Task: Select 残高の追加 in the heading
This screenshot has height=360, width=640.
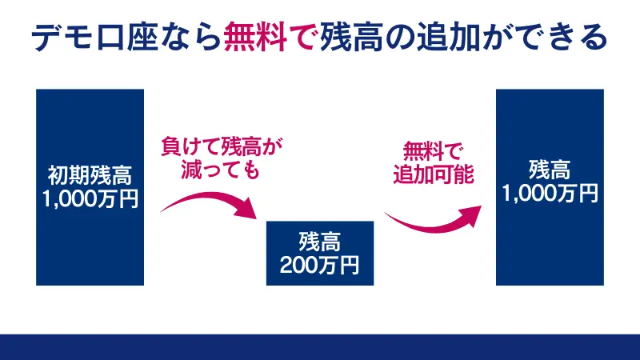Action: pyautogui.click(x=412, y=38)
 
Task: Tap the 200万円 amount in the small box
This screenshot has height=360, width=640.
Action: pyautogui.click(x=320, y=263)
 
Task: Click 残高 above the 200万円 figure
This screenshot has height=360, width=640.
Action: pyautogui.click(x=320, y=240)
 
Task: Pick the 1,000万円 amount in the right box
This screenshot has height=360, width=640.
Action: pyautogui.click(x=550, y=194)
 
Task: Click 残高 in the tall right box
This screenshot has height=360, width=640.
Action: pyautogui.click(x=550, y=170)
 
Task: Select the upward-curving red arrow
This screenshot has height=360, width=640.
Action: pyautogui.click(x=432, y=219)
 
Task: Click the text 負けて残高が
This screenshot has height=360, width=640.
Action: pyautogui.click(x=222, y=147)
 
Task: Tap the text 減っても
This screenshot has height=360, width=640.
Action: pyautogui.click(x=222, y=170)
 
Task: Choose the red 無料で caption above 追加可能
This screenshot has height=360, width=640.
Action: pyautogui.click(x=433, y=150)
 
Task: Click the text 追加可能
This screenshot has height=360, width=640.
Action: pyautogui.click(x=433, y=174)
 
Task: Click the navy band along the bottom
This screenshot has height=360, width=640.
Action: pyautogui.click(x=320, y=347)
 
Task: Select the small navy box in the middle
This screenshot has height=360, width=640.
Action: pyautogui.click(x=320, y=252)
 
